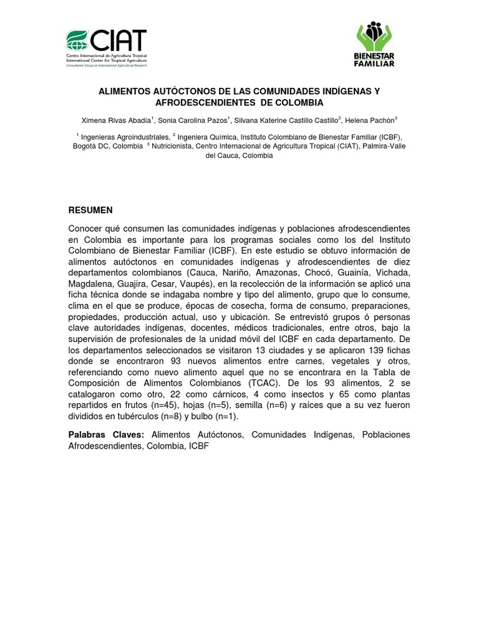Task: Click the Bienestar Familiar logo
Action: point(374,44)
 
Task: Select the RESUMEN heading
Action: point(90,210)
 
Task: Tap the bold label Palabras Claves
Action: point(106,434)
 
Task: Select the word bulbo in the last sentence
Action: point(200,417)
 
